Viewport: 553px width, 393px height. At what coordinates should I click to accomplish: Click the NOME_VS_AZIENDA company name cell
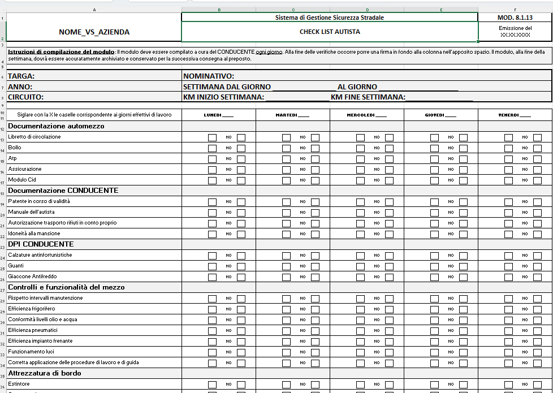pyautogui.click(x=94, y=32)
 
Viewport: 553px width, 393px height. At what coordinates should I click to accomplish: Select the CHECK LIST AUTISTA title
pyautogui.click(x=330, y=32)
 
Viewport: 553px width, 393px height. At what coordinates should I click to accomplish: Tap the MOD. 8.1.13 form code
pyautogui.click(x=515, y=18)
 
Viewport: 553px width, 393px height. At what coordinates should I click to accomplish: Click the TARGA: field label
pyautogui.click(x=21, y=76)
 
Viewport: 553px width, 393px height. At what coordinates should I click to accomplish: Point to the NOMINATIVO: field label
pyautogui.click(x=209, y=76)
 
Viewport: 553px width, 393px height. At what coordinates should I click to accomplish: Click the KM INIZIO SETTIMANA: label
pyautogui.click(x=224, y=97)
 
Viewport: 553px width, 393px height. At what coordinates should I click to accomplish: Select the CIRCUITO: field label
pyautogui.click(x=26, y=97)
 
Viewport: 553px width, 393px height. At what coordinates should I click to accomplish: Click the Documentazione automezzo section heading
pyautogui.click(x=56, y=126)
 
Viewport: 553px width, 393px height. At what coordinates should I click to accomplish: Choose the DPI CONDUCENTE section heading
pyautogui.click(x=41, y=244)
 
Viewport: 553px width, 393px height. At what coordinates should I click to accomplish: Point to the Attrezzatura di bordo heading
pyautogui.click(x=45, y=373)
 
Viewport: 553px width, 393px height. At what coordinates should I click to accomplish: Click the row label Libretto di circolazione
pyautogui.click(x=34, y=137)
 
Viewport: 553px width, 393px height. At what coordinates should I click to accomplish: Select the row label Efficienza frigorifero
pyautogui.click(x=32, y=309)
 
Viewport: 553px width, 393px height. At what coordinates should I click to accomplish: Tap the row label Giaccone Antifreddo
pyautogui.click(x=32, y=277)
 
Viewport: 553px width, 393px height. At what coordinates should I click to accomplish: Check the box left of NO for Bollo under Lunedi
pyautogui.click(x=212, y=148)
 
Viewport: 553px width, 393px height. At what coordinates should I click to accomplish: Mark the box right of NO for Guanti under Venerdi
pyautogui.click(x=537, y=266)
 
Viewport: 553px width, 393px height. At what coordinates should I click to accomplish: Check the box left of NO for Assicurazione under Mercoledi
pyautogui.click(x=360, y=170)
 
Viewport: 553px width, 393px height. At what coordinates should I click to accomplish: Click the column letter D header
pyautogui.click(x=367, y=10)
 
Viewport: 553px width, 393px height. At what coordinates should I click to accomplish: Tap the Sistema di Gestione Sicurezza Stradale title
pyautogui.click(x=330, y=18)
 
